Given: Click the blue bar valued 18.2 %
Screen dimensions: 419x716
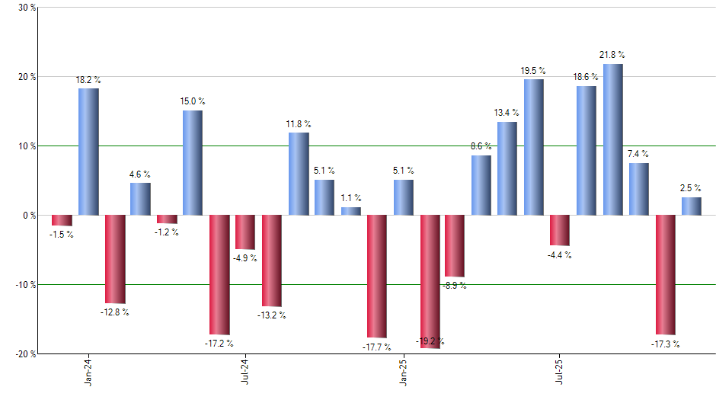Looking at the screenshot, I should point(88,152).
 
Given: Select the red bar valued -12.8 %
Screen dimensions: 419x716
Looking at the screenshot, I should point(115,259).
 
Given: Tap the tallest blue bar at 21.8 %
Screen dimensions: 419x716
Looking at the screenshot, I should point(613,139).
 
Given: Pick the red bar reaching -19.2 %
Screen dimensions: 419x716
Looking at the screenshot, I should point(430,281).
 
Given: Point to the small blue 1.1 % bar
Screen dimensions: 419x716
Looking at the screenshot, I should point(351,211).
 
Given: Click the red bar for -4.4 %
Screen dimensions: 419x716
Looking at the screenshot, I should point(561,230).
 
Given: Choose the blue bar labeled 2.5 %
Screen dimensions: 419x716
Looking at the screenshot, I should point(692,206).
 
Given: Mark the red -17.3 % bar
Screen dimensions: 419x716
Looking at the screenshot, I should point(665,274).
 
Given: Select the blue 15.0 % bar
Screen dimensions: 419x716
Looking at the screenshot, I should point(193,163).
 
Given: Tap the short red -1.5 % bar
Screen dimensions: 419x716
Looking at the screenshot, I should point(62,220).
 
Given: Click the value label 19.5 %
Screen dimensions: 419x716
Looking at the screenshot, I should point(533,71).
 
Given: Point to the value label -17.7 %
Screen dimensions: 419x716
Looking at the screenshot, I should point(376,347).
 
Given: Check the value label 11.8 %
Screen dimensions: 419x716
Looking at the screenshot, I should point(299,124).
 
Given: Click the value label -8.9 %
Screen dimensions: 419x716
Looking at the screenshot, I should point(455,286).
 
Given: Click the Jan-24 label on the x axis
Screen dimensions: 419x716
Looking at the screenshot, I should point(89,372).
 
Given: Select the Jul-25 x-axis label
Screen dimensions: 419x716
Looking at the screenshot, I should point(561,372).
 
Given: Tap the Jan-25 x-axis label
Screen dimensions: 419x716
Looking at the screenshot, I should point(404,372).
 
